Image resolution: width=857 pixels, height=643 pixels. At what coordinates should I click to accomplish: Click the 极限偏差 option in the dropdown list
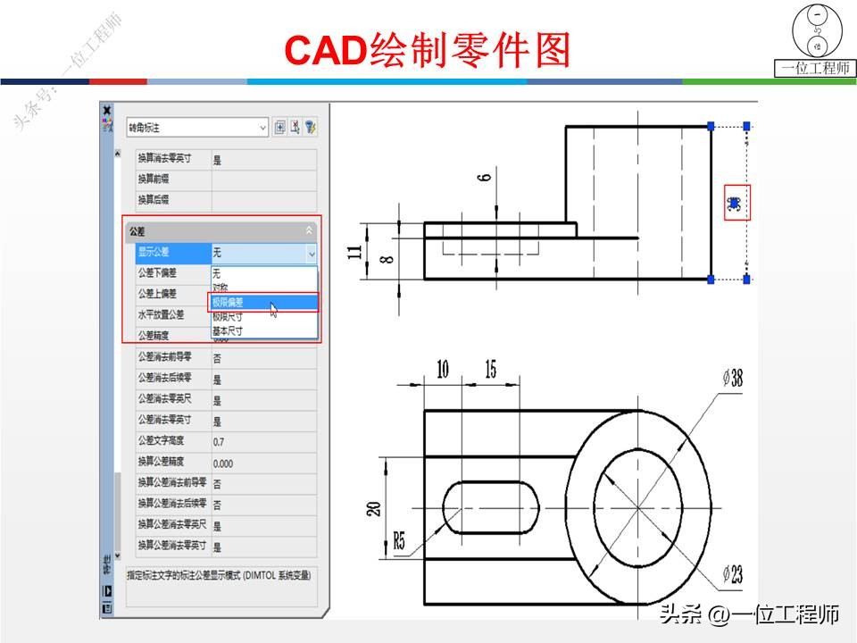point(232,303)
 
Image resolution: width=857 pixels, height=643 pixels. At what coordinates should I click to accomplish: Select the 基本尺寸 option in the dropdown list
point(227,330)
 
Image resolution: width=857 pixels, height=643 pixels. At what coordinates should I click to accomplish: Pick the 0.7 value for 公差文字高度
point(220,442)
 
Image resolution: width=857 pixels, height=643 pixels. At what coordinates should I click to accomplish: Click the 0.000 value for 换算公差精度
point(223,463)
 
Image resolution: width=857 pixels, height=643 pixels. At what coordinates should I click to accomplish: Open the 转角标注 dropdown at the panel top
point(196,128)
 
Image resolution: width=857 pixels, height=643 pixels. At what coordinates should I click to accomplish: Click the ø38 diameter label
point(732,379)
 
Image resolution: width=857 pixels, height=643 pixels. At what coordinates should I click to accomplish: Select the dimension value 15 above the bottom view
point(491,370)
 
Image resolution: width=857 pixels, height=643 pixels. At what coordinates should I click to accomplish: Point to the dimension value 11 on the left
point(355,252)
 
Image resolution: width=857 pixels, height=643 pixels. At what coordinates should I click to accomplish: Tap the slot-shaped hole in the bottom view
point(491,508)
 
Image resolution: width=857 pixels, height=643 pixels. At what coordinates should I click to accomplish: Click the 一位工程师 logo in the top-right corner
point(814,41)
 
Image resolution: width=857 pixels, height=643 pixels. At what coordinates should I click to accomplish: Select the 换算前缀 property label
point(154,180)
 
